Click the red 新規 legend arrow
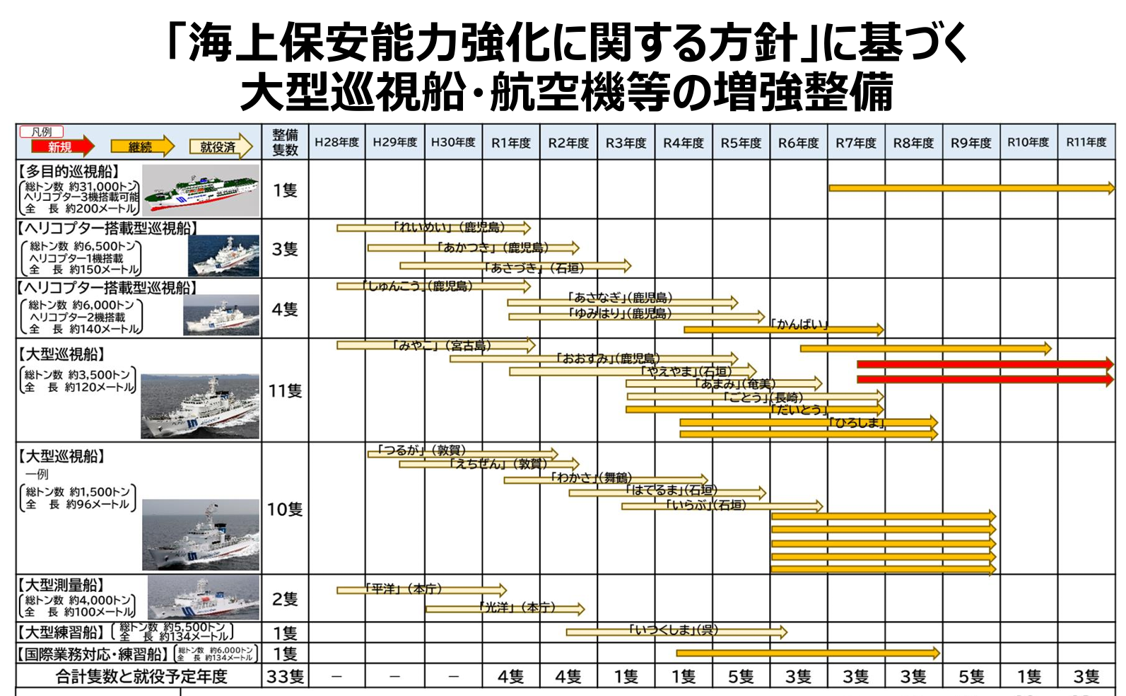62,146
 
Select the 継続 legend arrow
141,146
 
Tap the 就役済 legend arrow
220,146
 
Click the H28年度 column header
337,142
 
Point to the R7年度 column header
856,143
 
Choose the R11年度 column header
1086,142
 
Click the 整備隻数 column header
285,142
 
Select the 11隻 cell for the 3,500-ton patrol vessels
285,390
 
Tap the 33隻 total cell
285,677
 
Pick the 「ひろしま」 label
857,422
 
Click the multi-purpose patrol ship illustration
201,190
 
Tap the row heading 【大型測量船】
61,585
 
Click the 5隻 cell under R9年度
971,677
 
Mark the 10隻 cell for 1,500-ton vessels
285,509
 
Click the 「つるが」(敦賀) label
421,450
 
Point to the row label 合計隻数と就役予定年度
141,677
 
